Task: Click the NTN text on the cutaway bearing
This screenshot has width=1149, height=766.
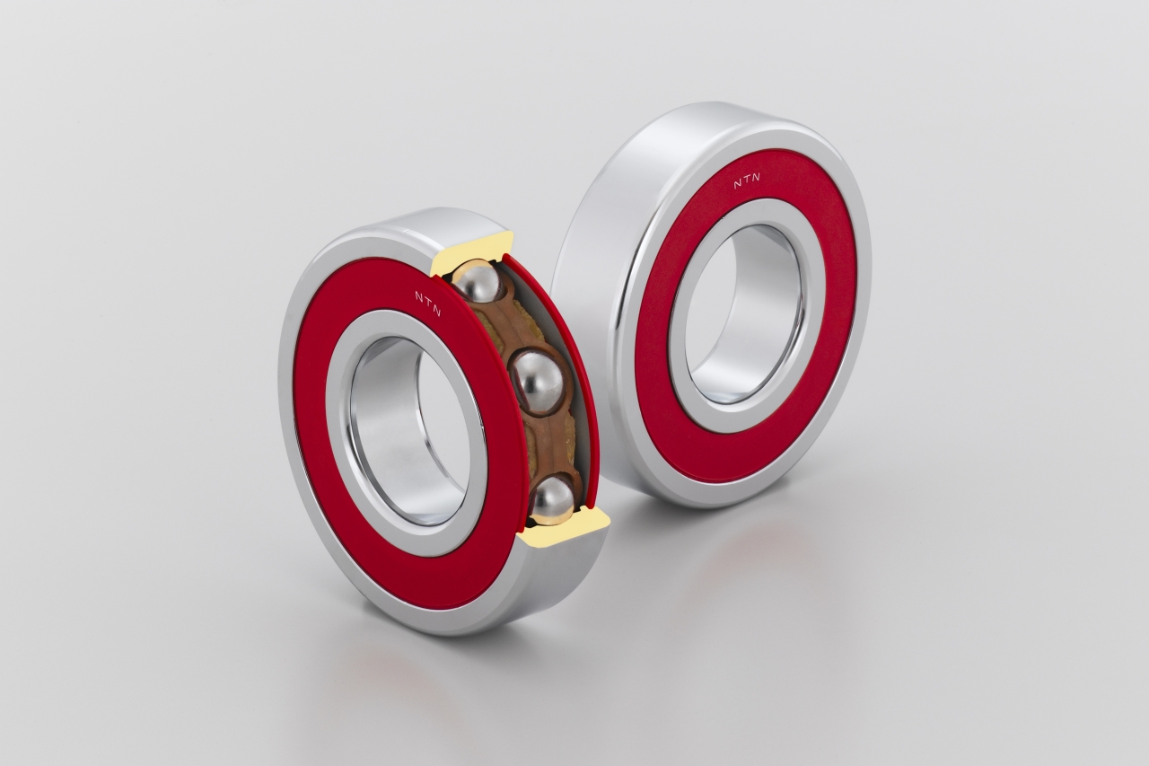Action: (428, 303)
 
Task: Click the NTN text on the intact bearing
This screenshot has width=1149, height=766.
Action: (747, 181)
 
